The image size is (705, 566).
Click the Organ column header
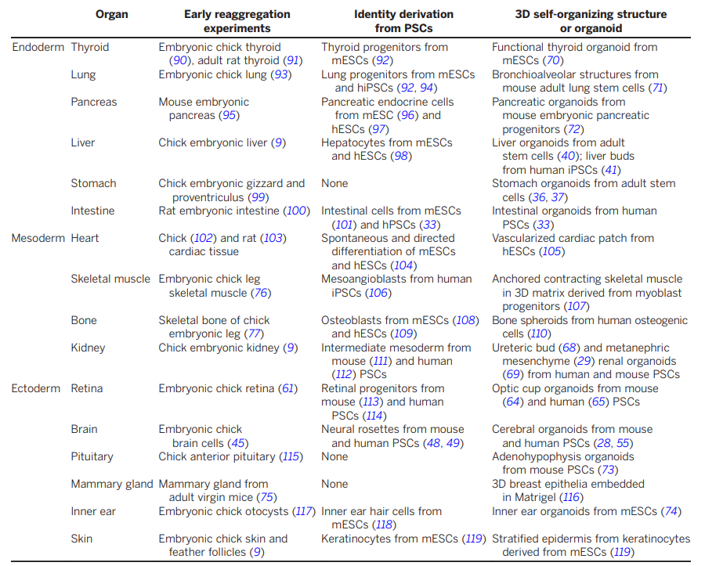tap(112, 14)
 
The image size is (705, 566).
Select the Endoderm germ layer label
tap(38, 47)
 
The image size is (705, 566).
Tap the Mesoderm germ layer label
tap(38, 238)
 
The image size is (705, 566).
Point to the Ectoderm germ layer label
tap(36, 388)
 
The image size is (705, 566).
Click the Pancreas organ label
tap(93, 102)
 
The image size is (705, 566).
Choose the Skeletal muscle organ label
tap(110, 279)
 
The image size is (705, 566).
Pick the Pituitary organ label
tap(92, 457)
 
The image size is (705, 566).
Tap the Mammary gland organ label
tap(112, 485)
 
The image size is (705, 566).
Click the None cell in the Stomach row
tap(334, 184)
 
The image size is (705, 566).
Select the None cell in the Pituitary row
tap(334, 457)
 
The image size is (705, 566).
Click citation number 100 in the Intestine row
tap(296, 211)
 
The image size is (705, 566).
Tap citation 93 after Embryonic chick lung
tap(281, 74)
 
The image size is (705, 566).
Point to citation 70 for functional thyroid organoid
tap(553, 60)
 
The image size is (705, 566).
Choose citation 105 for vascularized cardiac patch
tap(551, 251)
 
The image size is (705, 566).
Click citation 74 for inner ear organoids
tap(671, 512)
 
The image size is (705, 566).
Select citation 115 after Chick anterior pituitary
tap(291, 457)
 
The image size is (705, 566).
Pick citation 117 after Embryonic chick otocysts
tap(303, 512)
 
